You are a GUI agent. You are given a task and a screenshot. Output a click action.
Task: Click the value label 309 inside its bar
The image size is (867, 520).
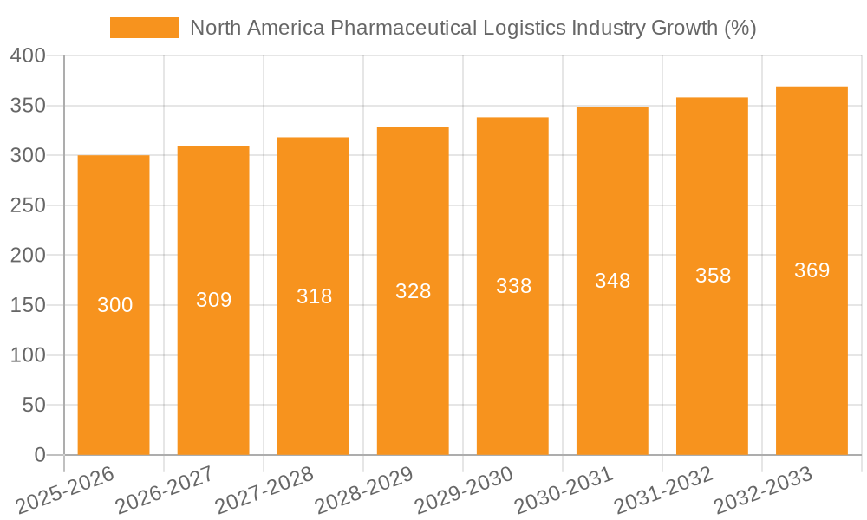(214, 300)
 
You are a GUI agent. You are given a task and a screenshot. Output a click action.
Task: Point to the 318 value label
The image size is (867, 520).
(314, 296)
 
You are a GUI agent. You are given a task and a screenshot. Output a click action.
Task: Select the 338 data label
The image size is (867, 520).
(513, 286)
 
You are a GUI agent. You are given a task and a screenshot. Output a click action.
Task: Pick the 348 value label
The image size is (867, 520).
(613, 281)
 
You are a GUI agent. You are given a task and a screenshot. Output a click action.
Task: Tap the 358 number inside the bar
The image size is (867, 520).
(713, 276)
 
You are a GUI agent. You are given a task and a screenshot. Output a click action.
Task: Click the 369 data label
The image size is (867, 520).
(812, 270)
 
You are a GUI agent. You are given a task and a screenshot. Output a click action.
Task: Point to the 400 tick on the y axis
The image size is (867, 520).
(28, 56)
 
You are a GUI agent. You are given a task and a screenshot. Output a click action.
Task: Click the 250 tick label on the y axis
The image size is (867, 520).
(28, 205)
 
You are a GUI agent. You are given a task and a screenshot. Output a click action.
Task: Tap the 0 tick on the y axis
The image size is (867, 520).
(39, 455)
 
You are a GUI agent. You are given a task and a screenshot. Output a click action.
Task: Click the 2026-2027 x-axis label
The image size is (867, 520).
(165, 491)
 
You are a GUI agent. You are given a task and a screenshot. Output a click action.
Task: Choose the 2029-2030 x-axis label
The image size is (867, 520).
(464, 491)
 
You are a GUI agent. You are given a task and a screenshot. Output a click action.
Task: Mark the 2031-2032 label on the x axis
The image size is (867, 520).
(663, 491)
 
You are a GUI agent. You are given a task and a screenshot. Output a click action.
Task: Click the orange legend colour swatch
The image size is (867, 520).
(144, 28)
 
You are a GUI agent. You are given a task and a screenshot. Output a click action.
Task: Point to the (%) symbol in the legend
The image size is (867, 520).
(739, 28)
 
